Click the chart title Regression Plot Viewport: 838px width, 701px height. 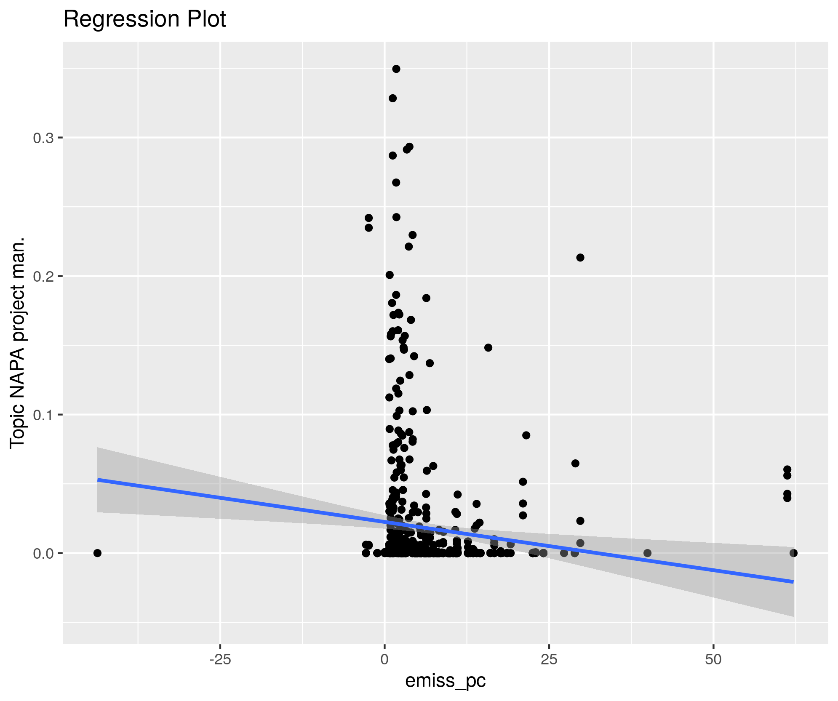pyautogui.click(x=144, y=19)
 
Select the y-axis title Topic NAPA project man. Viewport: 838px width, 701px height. pyautogui.click(x=18, y=343)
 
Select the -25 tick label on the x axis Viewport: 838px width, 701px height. pyautogui.click(x=220, y=659)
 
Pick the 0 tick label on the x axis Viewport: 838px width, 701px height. pyautogui.click(x=384, y=659)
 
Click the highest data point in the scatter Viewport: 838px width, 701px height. pyautogui.click(x=396, y=69)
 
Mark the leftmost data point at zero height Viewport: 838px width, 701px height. pyautogui.click(x=97, y=553)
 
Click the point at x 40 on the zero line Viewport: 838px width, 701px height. pyautogui.click(x=648, y=553)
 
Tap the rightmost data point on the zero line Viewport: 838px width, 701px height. pyautogui.click(x=794, y=553)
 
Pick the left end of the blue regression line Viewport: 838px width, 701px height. pyautogui.click(x=98, y=480)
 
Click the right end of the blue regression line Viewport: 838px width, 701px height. pyautogui.click(x=793, y=582)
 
